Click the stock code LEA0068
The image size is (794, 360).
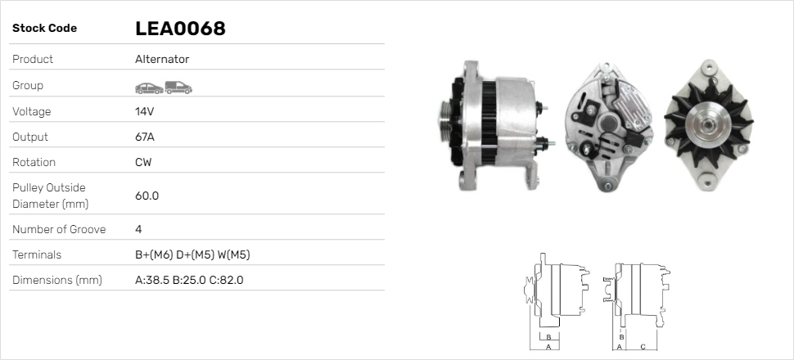[180, 29]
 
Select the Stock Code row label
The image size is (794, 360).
[44, 29]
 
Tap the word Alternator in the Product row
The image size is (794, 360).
[162, 60]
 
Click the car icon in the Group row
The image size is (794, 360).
[148, 86]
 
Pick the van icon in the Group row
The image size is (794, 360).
[178, 86]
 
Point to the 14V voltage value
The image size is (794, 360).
[145, 111]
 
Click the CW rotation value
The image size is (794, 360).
[143, 162]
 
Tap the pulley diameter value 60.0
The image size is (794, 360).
[147, 196]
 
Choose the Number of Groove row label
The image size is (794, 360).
[59, 229]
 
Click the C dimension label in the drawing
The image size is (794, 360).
[643, 347]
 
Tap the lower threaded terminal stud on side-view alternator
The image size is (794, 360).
[545, 145]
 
